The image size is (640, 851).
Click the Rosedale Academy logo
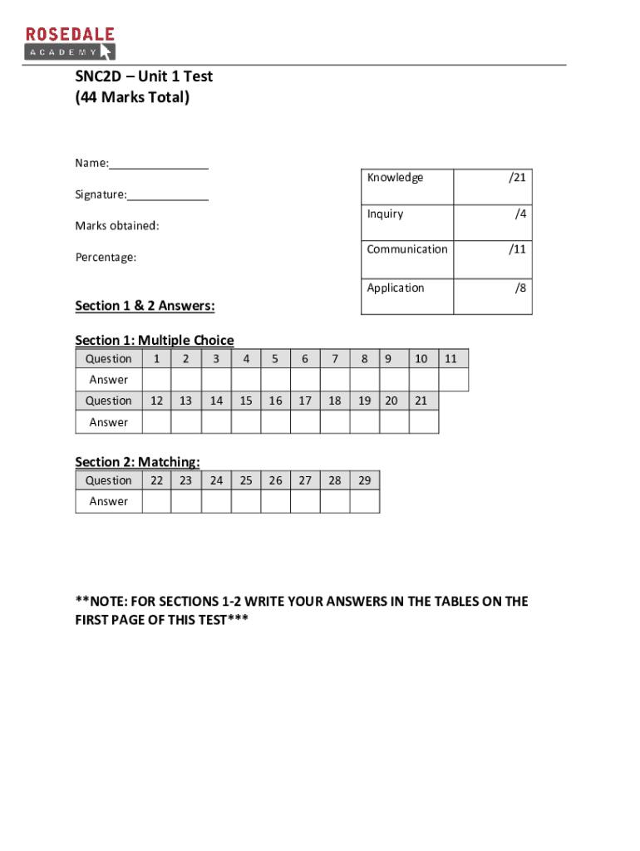69,42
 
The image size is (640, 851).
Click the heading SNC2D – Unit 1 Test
144,76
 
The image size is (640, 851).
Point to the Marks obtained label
117,226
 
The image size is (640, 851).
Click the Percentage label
106,258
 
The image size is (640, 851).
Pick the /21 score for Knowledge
516,178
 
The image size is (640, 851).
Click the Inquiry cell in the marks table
385,214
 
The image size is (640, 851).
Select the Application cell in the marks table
396,288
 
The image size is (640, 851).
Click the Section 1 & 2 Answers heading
145,306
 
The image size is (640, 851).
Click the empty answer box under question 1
156,380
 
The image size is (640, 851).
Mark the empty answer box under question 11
453,380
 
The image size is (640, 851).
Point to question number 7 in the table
334,359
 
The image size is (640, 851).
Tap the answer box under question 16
275,422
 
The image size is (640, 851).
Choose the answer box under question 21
423,422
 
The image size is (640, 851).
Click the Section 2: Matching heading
137,462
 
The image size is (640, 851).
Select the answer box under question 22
156,501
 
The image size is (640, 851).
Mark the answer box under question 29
364,501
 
